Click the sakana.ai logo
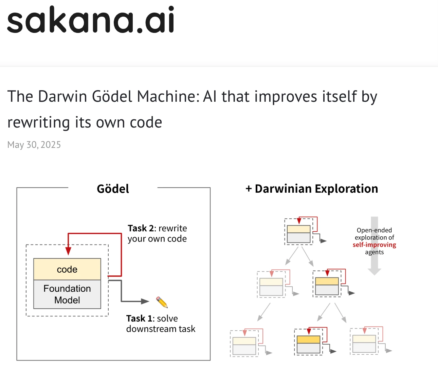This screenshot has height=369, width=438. [x=91, y=19]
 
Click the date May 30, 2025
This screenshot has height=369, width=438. [x=34, y=145]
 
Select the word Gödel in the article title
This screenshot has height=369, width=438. [x=112, y=96]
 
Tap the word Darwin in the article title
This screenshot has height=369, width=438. [x=62, y=96]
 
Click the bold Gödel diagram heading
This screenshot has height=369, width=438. [x=113, y=189]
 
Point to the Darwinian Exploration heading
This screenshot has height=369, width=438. [x=312, y=189]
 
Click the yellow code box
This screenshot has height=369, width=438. [x=67, y=269]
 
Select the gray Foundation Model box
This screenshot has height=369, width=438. [x=67, y=294]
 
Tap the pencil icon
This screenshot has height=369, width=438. [x=162, y=302]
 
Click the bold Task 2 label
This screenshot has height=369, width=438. [x=141, y=228]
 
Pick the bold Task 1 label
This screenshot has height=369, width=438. [x=139, y=318]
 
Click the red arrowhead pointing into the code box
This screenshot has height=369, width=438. [x=68, y=251]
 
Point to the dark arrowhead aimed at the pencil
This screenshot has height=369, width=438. [x=145, y=301]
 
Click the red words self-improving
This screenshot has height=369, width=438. [x=374, y=245]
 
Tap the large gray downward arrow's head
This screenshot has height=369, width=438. [x=375, y=272]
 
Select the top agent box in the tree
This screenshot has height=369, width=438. [x=299, y=232]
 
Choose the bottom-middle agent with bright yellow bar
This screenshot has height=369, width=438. [x=309, y=342]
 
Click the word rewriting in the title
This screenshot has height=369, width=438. [x=38, y=122]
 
